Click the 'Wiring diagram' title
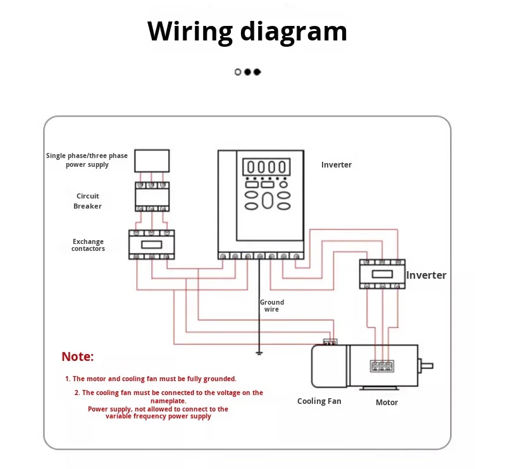point(247,32)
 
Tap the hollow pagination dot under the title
point(238,72)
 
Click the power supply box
point(152,161)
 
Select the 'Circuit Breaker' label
point(87,201)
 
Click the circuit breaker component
point(152,197)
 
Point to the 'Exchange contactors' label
point(88,245)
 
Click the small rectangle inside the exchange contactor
point(152,245)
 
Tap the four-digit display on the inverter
point(266,167)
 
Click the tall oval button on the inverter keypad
point(268,200)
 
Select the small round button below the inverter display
point(283,185)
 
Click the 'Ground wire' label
point(272,305)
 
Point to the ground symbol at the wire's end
point(259,353)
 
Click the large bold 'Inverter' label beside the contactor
point(426,275)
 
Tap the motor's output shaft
point(426,366)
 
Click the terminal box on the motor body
point(382,366)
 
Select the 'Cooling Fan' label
point(319,401)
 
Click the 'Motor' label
point(386,402)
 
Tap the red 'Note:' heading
point(78,356)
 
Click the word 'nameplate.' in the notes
point(168,401)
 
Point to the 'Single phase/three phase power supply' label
point(87,160)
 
